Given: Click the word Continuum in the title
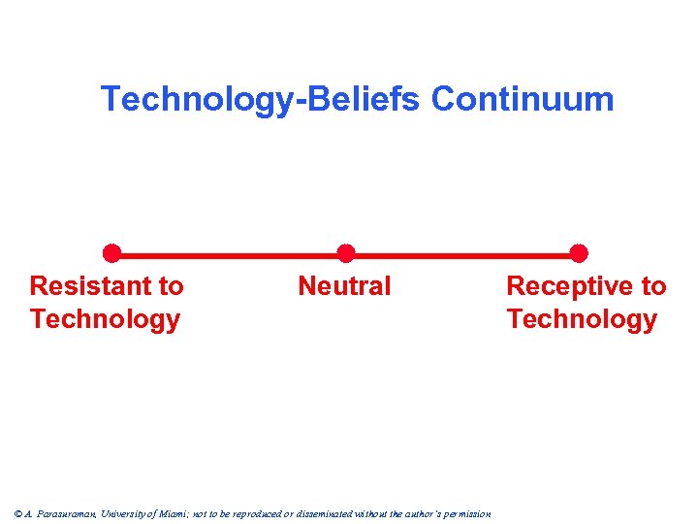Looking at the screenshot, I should click(x=523, y=99).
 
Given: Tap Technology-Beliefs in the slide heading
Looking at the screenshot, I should click(x=262, y=99).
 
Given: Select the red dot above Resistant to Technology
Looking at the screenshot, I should click(x=112, y=254).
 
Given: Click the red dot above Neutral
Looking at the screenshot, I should click(x=345, y=254).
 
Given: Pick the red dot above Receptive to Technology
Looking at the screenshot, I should click(x=579, y=254).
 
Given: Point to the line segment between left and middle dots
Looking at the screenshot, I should click(x=229, y=254).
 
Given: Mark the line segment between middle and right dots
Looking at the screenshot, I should click(x=462, y=254).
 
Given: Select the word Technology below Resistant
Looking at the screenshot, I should click(x=105, y=319).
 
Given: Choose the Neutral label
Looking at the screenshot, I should click(x=344, y=286).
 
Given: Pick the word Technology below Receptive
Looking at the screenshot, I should click(x=582, y=319).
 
